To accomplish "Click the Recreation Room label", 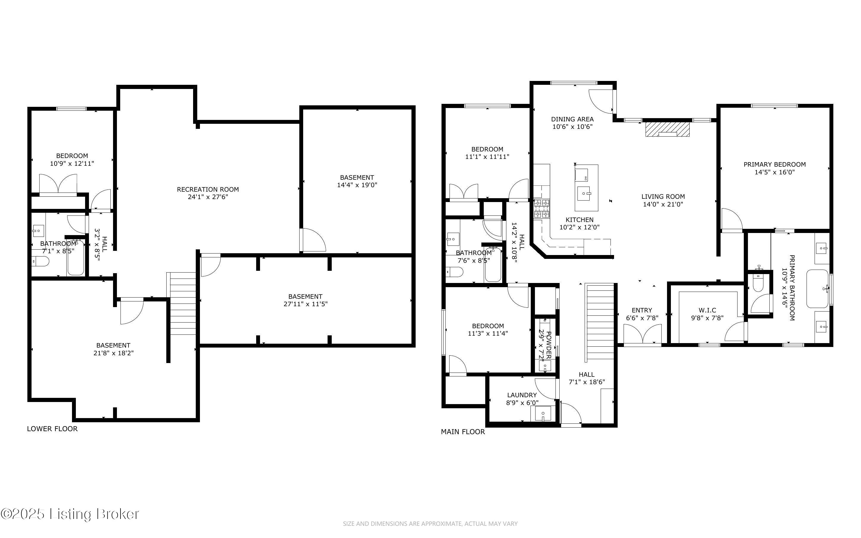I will point(208,189).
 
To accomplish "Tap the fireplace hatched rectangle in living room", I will point(667,129).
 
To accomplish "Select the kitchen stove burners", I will point(541,209).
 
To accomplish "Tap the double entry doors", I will point(642,334).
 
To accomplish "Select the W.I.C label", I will point(707,310).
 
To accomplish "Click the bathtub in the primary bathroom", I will point(818,289).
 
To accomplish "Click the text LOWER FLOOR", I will point(52,429).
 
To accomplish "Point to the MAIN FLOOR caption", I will point(463,431).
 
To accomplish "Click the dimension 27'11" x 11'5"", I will point(305,304).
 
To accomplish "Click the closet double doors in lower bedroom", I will point(58,184).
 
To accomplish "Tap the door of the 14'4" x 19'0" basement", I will point(313,240).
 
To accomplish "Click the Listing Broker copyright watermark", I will point(70,514).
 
